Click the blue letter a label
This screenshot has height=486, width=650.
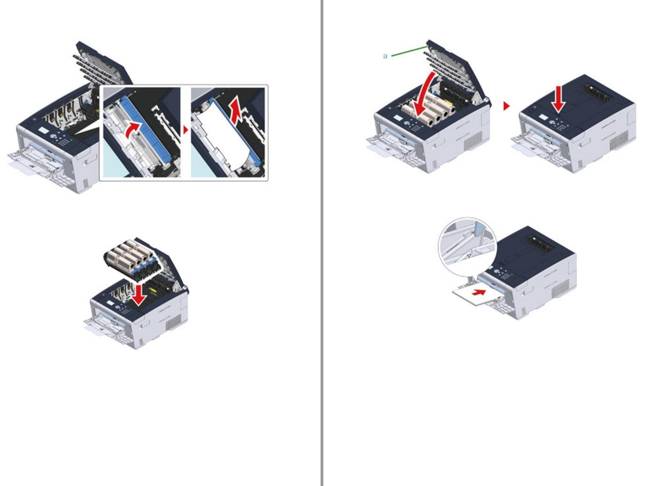(385, 56)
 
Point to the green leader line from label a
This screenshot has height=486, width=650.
(409, 51)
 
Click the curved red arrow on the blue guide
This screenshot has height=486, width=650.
(132, 130)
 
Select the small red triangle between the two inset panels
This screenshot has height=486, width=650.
(186, 130)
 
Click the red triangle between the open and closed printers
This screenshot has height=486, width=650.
(506, 106)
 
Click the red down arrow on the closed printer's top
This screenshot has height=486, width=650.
(558, 99)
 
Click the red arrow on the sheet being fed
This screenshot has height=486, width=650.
(479, 292)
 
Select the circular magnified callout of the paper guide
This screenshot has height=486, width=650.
(468, 247)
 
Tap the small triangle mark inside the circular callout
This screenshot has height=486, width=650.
(469, 256)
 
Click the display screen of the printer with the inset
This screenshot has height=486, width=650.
(44, 131)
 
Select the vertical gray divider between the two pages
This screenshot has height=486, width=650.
(321, 243)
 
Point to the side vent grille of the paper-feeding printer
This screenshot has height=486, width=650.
(560, 288)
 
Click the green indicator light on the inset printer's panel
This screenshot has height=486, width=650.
(72, 140)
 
